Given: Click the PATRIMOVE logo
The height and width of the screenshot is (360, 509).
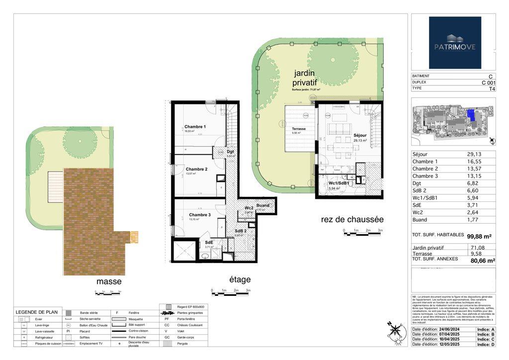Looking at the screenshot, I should click(x=455, y=42).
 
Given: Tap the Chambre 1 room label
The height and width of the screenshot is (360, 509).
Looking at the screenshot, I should click(x=195, y=127).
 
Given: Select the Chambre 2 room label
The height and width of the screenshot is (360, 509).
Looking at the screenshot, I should click(x=197, y=169).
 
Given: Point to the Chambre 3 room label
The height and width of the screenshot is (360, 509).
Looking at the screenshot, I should click(x=199, y=215).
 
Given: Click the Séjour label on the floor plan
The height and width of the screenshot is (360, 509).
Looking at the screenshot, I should click(x=360, y=135).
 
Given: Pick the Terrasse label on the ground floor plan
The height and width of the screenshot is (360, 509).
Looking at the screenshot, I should click(x=299, y=129).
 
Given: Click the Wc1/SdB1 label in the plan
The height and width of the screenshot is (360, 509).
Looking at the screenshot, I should click(x=340, y=183).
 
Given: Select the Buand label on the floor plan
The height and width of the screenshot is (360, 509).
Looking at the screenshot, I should click(x=263, y=205).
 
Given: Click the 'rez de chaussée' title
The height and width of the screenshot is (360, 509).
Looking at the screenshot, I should click(x=352, y=219).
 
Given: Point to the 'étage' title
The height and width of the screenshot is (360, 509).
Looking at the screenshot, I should click(x=240, y=279).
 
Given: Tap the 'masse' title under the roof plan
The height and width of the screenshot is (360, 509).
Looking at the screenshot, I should click(x=109, y=281).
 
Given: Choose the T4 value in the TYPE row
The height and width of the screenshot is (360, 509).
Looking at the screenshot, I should click(x=492, y=89).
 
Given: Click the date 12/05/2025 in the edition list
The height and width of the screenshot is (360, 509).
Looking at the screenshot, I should click(x=445, y=344).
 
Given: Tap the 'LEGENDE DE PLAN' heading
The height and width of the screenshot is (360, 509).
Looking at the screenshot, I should click(x=37, y=312).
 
